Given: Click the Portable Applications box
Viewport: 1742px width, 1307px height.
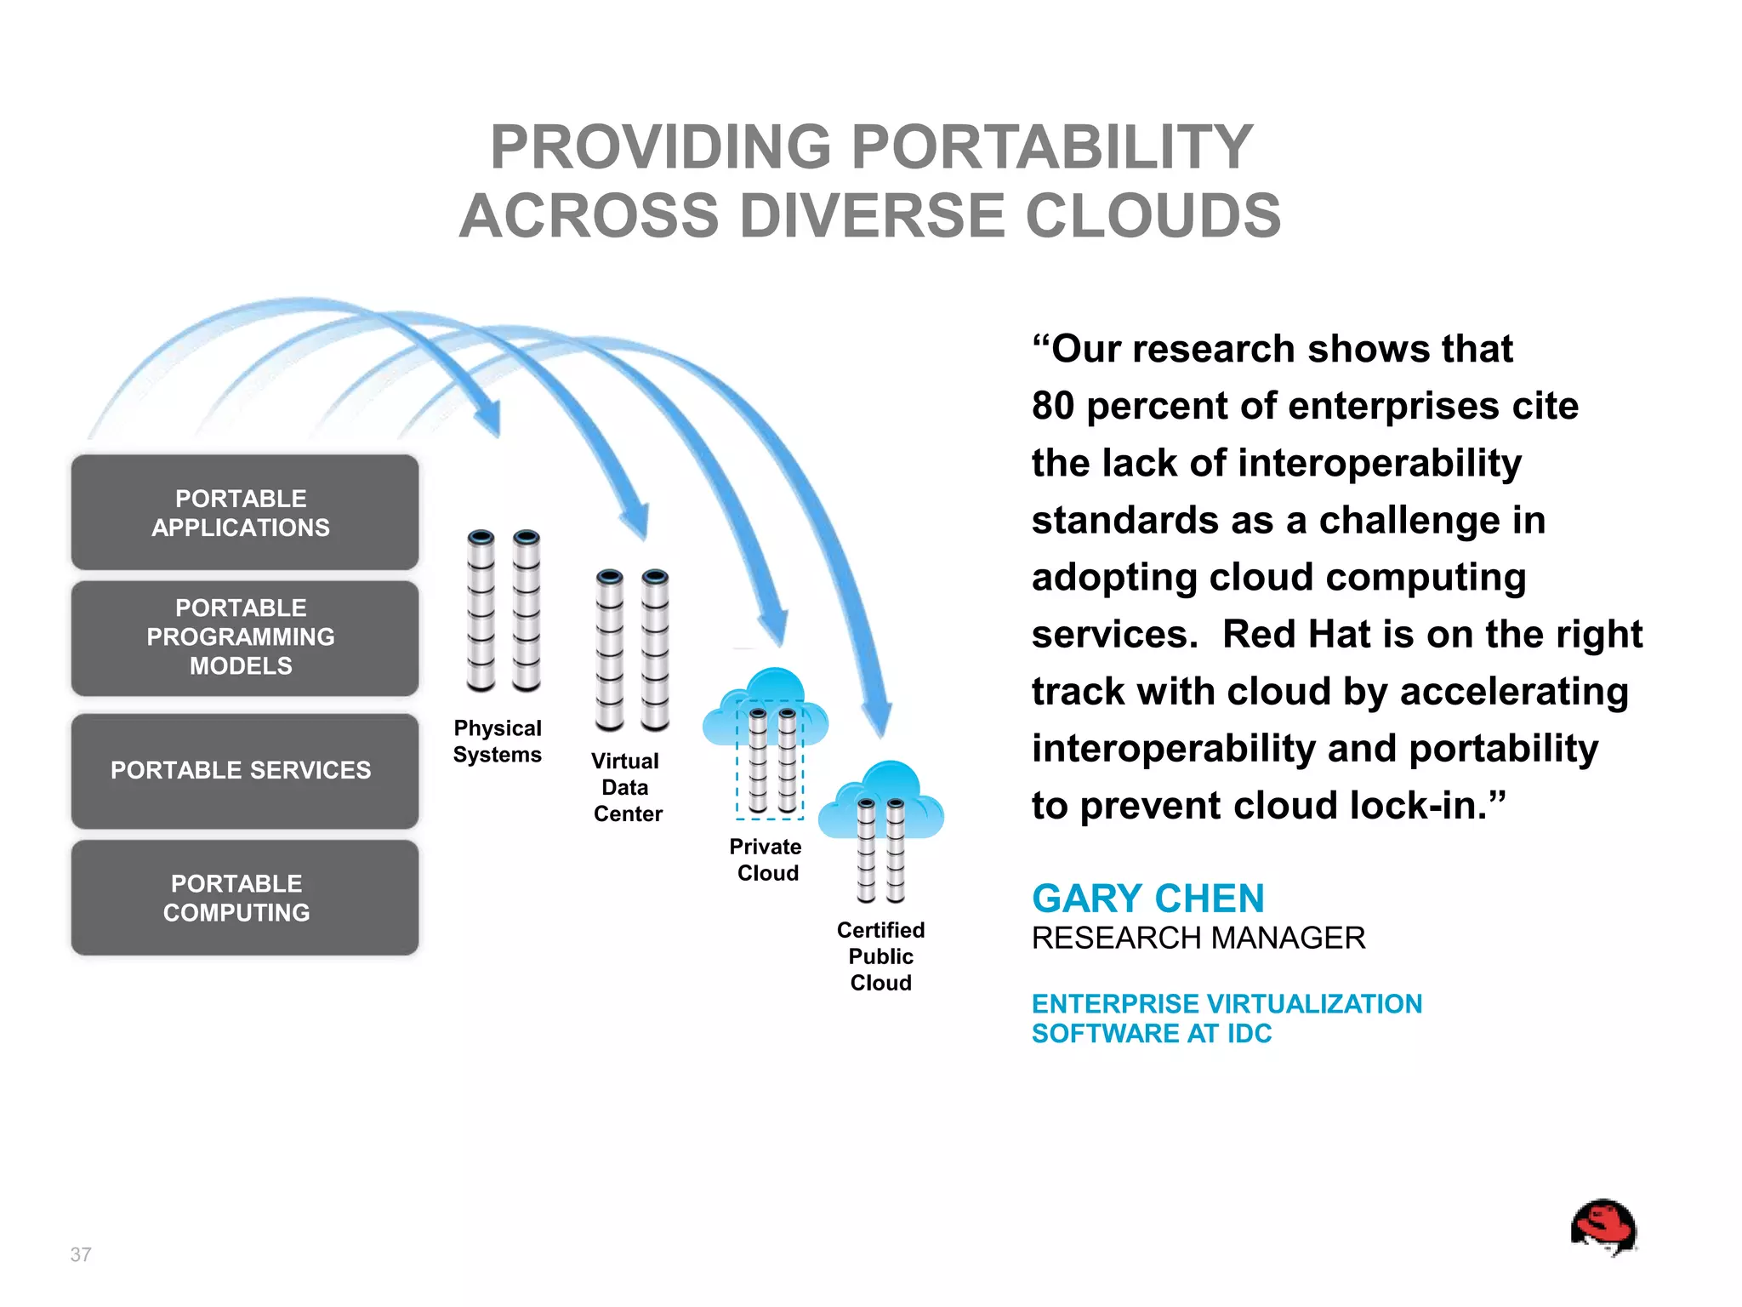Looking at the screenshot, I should click(244, 512).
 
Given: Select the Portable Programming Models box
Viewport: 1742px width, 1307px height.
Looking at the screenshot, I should click(244, 637).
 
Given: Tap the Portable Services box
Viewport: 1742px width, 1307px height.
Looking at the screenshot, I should click(244, 770).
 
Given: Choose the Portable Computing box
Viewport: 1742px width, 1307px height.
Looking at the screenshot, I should click(244, 898).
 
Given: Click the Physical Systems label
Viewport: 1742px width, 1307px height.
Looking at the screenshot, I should click(498, 741).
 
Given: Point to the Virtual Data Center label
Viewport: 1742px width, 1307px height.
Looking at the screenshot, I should click(627, 787).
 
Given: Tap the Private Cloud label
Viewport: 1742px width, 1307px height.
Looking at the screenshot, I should click(766, 859).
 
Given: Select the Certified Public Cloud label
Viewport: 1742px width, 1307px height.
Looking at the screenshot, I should click(880, 956).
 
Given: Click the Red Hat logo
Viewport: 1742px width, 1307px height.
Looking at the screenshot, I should click(1603, 1227).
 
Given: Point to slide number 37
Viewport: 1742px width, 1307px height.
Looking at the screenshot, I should click(81, 1254).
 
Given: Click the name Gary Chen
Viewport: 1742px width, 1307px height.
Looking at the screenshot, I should click(1147, 899).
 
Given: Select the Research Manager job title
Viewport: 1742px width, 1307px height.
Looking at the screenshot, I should click(1198, 938).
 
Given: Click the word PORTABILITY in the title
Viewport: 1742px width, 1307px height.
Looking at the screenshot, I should click(1051, 147).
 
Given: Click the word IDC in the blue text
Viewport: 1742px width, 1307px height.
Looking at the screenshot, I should click(1249, 1033).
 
